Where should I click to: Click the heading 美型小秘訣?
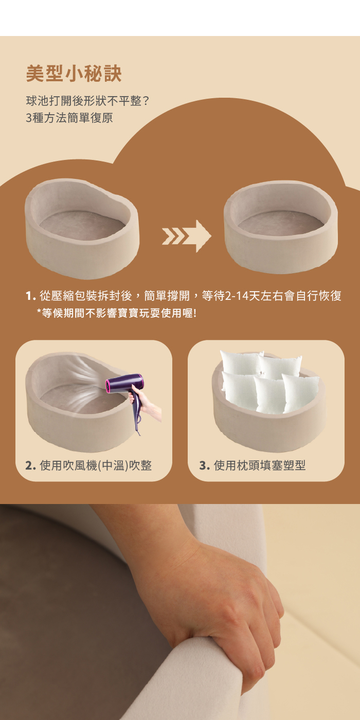click(74, 74)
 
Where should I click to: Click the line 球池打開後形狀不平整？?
click(87, 101)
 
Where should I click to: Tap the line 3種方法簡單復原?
click(69, 118)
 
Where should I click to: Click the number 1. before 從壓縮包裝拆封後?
click(30, 297)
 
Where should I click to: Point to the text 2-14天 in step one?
click(242, 297)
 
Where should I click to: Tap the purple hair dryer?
click(126, 386)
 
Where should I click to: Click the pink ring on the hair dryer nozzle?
click(109, 385)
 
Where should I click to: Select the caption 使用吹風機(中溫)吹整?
click(96, 465)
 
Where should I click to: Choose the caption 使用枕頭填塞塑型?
click(259, 465)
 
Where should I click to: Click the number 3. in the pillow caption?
click(204, 465)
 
